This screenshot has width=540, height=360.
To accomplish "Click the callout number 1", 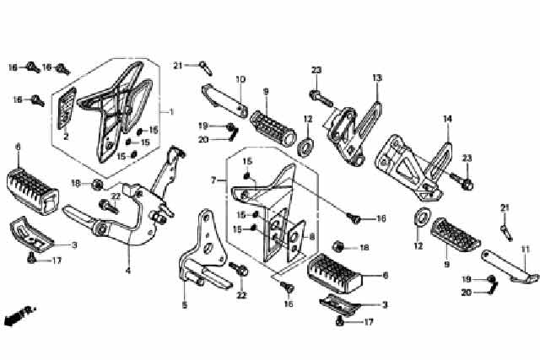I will [170, 112].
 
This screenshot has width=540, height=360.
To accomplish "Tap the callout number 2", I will [65, 135].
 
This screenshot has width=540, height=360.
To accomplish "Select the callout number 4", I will [128, 271].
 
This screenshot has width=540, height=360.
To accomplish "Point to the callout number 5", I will [185, 304].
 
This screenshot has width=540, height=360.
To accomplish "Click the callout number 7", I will [214, 180].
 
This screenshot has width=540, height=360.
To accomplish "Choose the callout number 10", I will [240, 79].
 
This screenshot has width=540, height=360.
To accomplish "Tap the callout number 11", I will [524, 249].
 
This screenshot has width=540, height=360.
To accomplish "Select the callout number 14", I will [448, 119].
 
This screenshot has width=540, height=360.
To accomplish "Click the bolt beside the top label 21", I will [203, 64].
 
